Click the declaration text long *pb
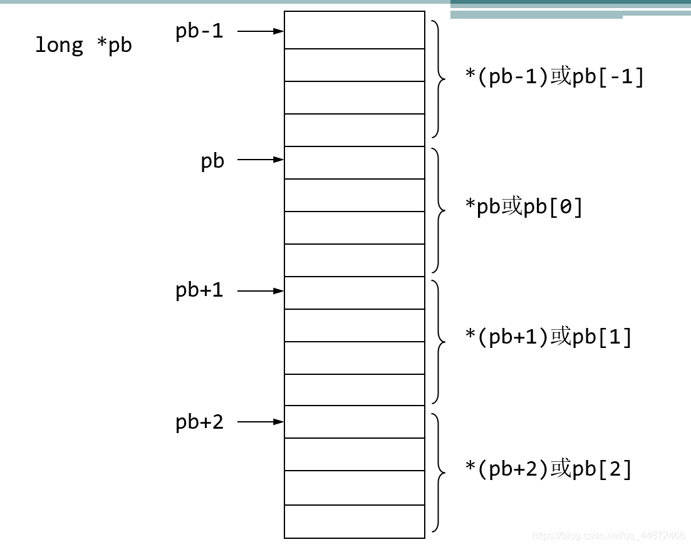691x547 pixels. point(83,46)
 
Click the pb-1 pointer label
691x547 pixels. point(199,31)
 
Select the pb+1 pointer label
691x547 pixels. point(199,290)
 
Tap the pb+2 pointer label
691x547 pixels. point(199,422)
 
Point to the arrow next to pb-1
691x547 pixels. point(261,31)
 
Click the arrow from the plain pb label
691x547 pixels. point(261,160)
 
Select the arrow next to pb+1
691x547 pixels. point(261,291)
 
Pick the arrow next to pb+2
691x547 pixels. point(261,422)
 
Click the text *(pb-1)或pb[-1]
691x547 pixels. point(554,77)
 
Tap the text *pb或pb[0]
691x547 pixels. point(524,207)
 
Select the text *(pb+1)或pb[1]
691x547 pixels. point(549,337)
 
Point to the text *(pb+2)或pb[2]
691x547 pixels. point(549,469)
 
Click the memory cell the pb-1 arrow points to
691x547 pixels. point(355,30)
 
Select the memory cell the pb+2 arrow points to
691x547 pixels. point(355,422)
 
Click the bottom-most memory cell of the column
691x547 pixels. point(355,521)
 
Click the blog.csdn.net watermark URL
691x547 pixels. point(608,536)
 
